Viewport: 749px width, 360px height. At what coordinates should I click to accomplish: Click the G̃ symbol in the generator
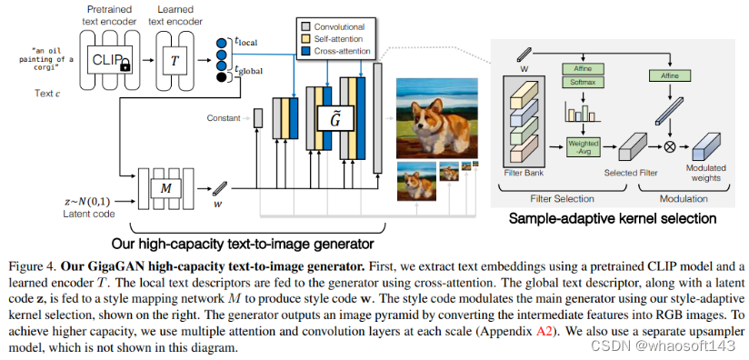(335, 115)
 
